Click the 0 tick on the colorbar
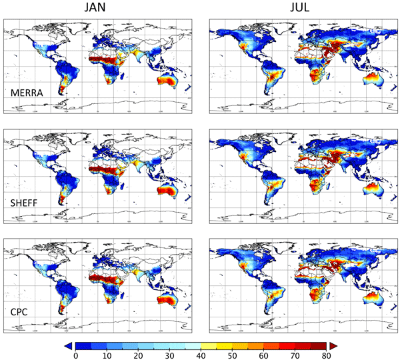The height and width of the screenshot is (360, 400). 75,355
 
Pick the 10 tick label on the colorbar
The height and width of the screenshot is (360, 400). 107,355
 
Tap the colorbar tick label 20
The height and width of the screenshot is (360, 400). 138,355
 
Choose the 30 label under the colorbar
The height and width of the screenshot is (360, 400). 169,355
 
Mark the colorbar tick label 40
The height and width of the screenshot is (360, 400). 201,355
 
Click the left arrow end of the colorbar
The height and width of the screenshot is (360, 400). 68,345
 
